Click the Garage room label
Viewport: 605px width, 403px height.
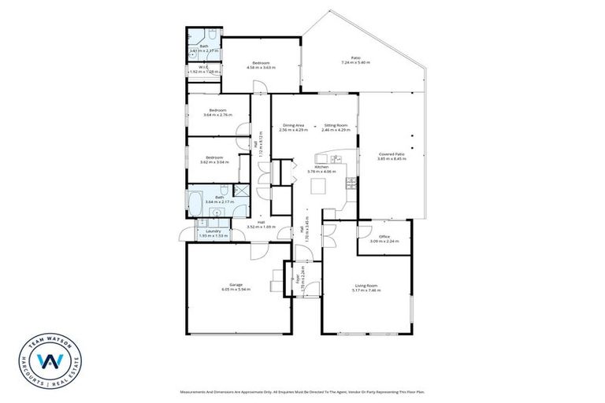pyautogui.click(x=236, y=284)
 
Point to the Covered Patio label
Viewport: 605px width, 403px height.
pyautogui.click(x=391, y=154)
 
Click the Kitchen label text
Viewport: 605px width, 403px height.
pyautogui.click(x=321, y=166)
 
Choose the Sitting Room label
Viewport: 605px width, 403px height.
pyautogui.click(x=336, y=126)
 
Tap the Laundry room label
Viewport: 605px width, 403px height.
pyautogui.click(x=213, y=231)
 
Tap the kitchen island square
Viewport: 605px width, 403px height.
pyautogui.click(x=319, y=186)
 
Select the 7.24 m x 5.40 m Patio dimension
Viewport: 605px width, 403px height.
pyautogui.click(x=355, y=63)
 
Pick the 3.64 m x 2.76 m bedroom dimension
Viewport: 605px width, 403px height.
pyautogui.click(x=217, y=115)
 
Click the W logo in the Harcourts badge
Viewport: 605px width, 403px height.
pyautogui.click(x=51, y=361)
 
